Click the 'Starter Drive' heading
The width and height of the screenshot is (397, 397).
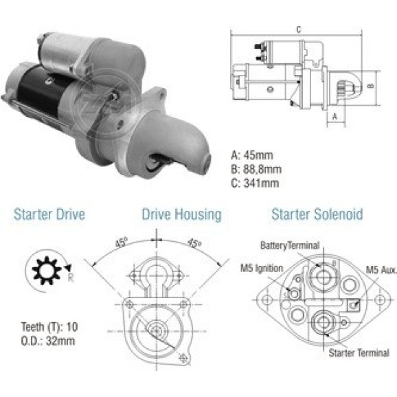49,214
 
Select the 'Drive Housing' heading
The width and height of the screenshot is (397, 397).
181,215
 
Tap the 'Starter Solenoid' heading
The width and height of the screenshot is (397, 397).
317,214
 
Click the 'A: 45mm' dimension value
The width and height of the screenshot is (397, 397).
252,155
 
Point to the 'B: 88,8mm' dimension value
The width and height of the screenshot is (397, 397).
256,169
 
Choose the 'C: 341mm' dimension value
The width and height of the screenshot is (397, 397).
255,183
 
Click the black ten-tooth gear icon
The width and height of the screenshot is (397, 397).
47,271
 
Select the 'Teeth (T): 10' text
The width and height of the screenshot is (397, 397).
49,327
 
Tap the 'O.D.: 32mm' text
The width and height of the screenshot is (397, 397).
48,341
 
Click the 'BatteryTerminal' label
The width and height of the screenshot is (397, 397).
290,245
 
